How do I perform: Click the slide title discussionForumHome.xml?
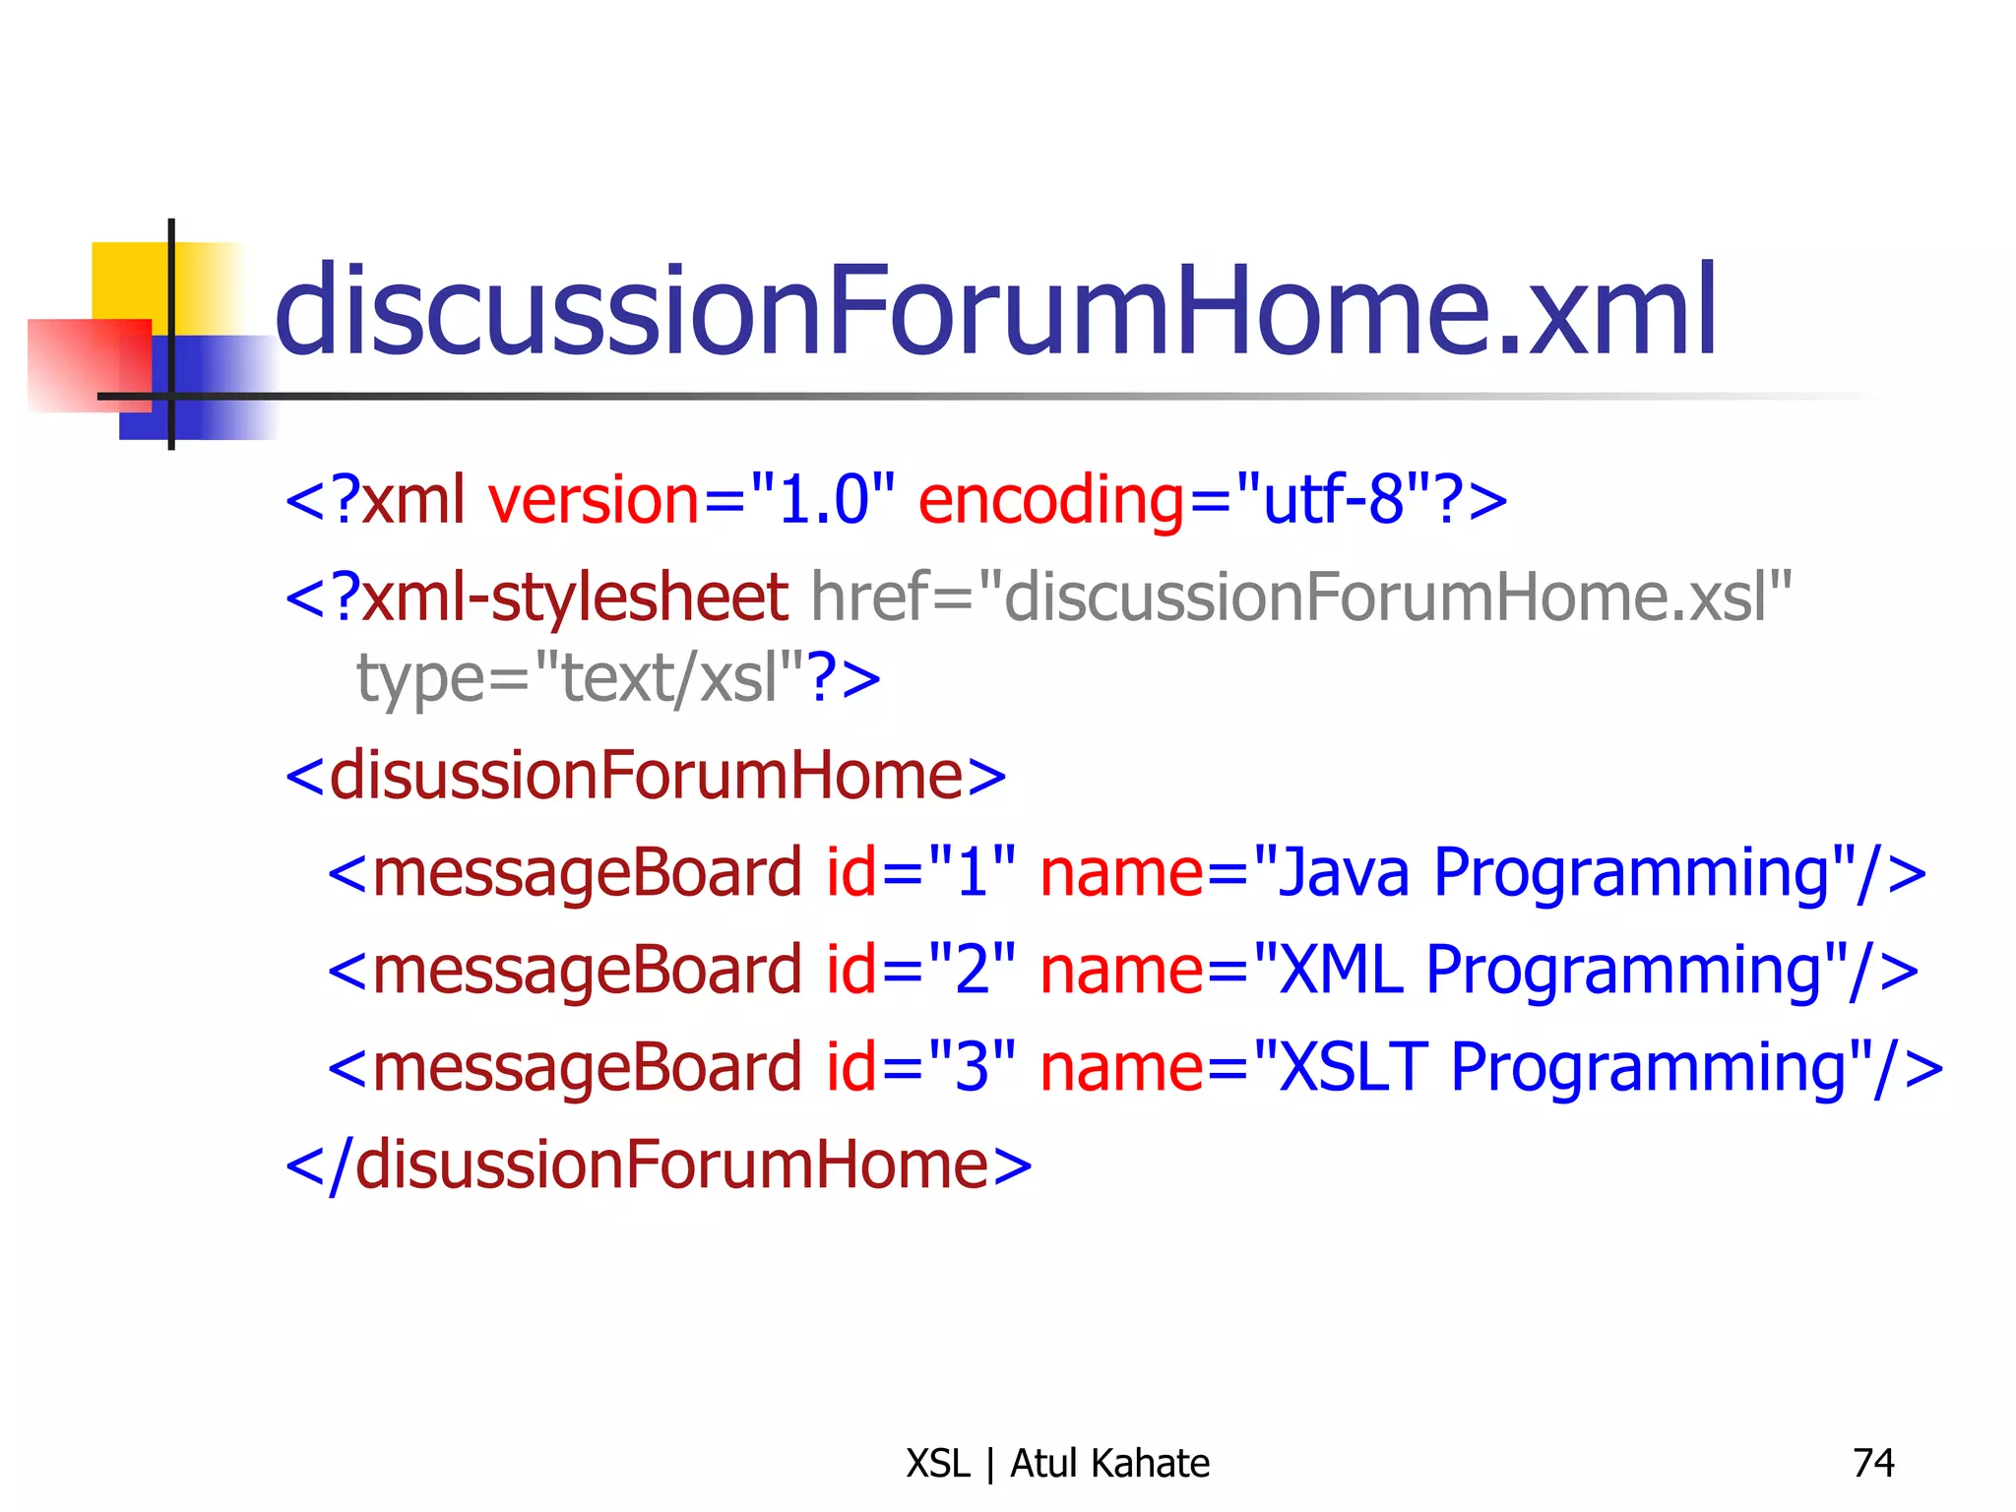point(994,311)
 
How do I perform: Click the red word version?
point(594,500)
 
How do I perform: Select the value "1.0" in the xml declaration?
point(822,500)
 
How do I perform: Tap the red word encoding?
point(1051,500)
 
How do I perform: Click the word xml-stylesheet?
point(574,598)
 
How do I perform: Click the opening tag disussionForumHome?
point(645,776)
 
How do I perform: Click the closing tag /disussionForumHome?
point(658,1165)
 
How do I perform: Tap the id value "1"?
point(972,872)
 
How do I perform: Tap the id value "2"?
point(972,970)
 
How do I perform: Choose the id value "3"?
point(972,1067)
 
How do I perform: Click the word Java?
point(1343,872)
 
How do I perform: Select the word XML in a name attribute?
point(1340,970)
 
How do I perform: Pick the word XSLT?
point(1353,1067)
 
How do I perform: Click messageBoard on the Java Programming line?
point(588,872)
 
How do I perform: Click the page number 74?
point(1872,1463)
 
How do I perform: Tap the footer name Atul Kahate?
point(1109,1463)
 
